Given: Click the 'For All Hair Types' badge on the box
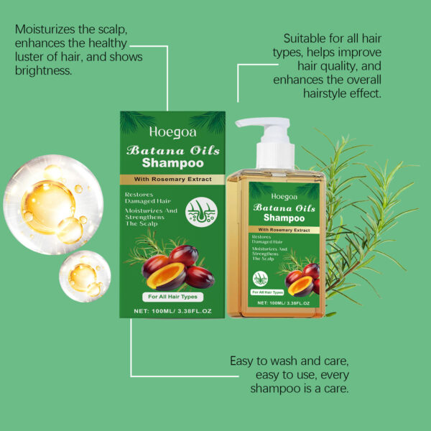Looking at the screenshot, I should (172, 297).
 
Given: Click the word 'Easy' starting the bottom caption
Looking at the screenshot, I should (243, 361).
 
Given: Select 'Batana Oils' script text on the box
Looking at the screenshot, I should (172, 150).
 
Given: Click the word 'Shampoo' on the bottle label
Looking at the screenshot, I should (284, 217).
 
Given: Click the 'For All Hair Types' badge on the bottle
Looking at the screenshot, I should (268, 292).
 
